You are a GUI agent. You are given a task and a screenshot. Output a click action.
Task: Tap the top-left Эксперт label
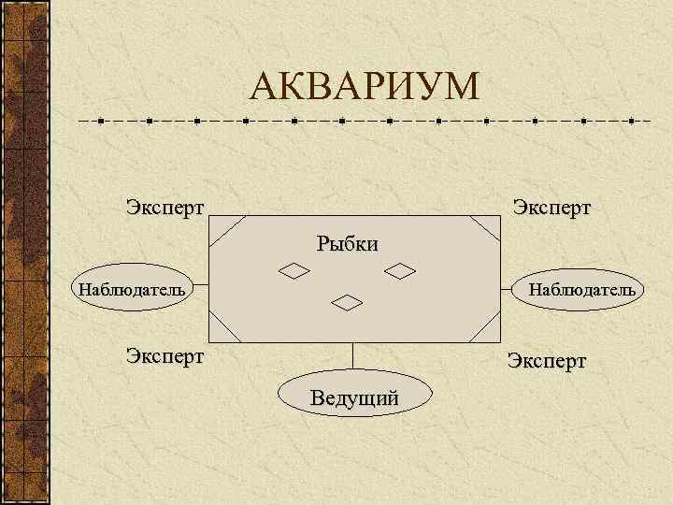click(165, 206)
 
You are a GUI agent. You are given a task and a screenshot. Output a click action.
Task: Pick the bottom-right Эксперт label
click(547, 361)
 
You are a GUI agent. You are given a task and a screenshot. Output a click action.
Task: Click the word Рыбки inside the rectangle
click(347, 245)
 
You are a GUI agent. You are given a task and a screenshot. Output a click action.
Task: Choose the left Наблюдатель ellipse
click(132, 288)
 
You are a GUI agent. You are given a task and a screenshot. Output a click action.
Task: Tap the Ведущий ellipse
click(355, 397)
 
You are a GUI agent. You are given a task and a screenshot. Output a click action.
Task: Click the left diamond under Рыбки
click(294, 271)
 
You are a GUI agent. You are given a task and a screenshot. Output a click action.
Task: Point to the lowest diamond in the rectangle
click(348, 302)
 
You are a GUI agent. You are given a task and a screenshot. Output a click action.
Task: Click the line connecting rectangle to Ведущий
click(353, 356)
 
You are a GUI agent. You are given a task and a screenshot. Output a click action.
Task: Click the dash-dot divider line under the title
click(364, 121)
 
